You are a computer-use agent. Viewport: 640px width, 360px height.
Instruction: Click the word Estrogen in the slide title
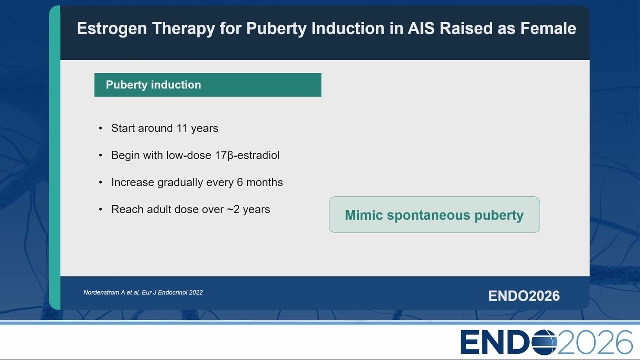(112, 29)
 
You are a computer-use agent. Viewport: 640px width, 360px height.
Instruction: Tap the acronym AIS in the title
(421, 28)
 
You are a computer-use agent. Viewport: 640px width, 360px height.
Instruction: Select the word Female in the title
(548, 28)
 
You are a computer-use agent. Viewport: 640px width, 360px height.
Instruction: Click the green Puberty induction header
(208, 85)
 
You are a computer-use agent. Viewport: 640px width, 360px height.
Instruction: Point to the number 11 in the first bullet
(182, 128)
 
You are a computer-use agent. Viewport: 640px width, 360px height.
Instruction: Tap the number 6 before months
(240, 182)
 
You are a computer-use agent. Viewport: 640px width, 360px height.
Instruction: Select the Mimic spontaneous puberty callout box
(434, 215)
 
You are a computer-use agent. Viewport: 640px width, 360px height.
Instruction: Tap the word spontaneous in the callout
(428, 215)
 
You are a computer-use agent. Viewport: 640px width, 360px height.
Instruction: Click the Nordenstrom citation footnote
(143, 293)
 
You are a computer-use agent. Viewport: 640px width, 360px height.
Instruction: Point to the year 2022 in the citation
(196, 293)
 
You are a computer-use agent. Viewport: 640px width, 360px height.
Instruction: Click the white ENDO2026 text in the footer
(524, 296)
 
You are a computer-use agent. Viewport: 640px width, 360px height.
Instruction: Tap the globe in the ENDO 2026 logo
(544, 342)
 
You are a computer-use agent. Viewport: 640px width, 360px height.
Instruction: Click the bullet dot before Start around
(101, 128)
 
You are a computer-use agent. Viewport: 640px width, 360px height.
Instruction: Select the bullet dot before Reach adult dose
(101, 209)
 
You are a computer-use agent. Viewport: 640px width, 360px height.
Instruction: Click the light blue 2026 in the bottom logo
(595, 342)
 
